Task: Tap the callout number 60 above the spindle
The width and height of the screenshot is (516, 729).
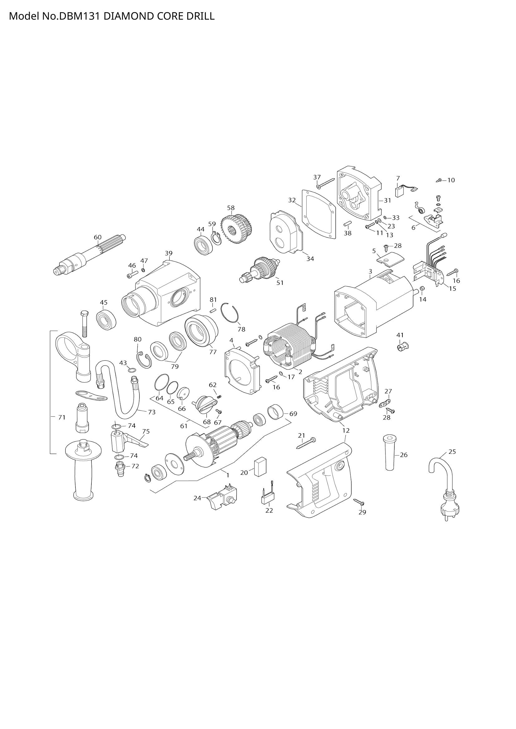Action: (x=98, y=237)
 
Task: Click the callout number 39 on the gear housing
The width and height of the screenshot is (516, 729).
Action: (x=169, y=253)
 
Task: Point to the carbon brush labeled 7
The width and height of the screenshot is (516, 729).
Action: (x=399, y=191)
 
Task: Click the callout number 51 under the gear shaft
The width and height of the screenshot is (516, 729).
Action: (x=280, y=283)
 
